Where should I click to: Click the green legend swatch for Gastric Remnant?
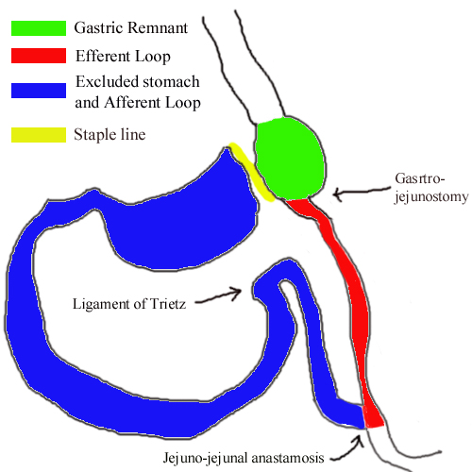coord(39,28)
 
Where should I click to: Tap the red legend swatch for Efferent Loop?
coord(39,56)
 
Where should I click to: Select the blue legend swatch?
coord(39,91)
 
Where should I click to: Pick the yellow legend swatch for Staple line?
coord(39,135)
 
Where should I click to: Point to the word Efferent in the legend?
coord(103,56)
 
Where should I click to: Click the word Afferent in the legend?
coord(132,102)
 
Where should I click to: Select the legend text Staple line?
coord(110,135)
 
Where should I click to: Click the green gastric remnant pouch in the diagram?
coord(290,159)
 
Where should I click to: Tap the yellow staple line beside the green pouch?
coord(251,172)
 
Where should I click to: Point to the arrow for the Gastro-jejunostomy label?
coord(362,192)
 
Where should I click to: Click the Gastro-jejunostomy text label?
coord(431,188)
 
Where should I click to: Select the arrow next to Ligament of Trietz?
coord(218,295)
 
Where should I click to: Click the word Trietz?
coord(168,304)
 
